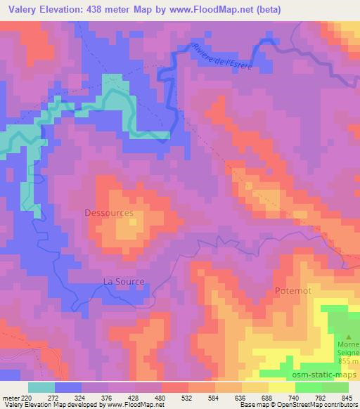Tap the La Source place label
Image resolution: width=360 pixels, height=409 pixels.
[124, 281]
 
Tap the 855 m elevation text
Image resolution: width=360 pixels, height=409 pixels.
[347, 361]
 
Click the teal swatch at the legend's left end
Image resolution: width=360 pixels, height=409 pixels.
[41, 387]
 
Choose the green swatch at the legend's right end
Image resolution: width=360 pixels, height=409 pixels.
[335, 387]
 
